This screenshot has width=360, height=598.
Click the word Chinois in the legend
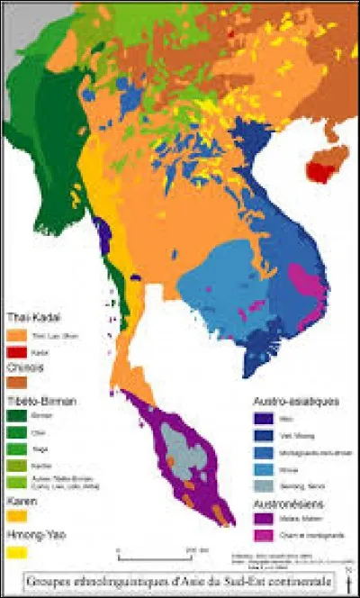pos(27,367)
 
